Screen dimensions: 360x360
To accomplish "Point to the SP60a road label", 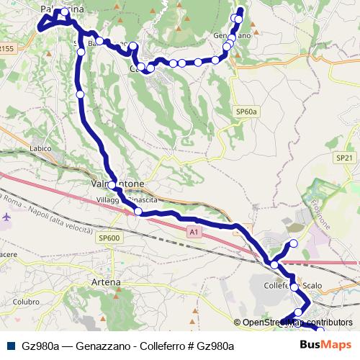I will pyautogui.click(x=246, y=112).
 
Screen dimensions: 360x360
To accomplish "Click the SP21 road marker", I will pyautogui.click(x=343, y=157).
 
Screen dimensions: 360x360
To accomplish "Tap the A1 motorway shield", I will pyautogui.click(x=193, y=232).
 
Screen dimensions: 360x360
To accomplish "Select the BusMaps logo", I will pyautogui.click(x=328, y=346).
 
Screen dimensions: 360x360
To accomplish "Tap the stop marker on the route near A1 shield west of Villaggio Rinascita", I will pyautogui.click(x=138, y=211).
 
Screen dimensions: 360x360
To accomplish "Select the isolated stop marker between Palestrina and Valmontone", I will pyautogui.click(x=81, y=94).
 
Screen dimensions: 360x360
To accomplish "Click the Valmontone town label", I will pyautogui.click(x=117, y=184).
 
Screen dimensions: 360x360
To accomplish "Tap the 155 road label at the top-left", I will pyautogui.click(x=6, y=49).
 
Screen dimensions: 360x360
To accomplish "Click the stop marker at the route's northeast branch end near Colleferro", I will pyautogui.click(x=293, y=243).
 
